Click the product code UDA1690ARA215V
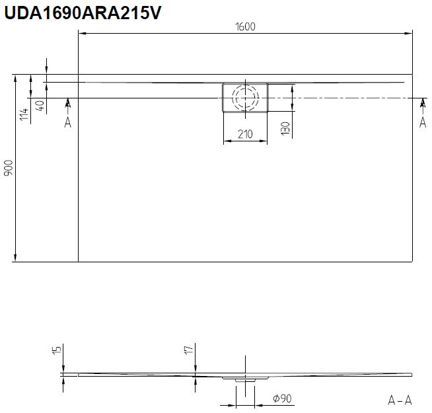pyautogui.click(x=83, y=13)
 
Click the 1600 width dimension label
pyautogui.click(x=245, y=26)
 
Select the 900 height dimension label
pyautogui.click(x=9, y=168)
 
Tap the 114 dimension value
pyautogui.click(x=24, y=114)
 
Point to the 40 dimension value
pyautogui.click(x=40, y=106)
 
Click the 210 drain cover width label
pyautogui.click(x=245, y=134)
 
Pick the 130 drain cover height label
pyautogui.click(x=285, y=128)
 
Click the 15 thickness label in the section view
pyautogui.click(x=57, y=350)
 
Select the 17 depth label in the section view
pyautogui.click(x=189, y=350)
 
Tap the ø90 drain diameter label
pyautogui.click(x=282, y=398)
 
